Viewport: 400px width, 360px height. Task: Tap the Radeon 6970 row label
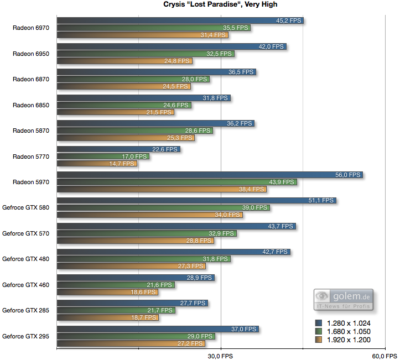click(31, 28)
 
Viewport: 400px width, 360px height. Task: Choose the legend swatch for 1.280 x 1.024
click(319, 323)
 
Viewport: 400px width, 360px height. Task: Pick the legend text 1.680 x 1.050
click(349, 331)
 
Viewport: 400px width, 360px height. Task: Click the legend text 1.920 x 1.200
click(349, 340)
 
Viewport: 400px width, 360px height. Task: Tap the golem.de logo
click(344, 299)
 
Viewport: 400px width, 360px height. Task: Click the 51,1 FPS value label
click(321, 201)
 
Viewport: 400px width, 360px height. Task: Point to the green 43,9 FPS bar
click(176, 182)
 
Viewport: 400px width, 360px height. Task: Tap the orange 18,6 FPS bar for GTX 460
click(107, 292)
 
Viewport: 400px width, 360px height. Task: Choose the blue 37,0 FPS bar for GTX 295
click(158, 329)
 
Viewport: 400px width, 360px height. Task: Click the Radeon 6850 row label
click(31, 105)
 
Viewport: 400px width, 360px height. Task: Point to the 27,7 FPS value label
click(193, 304)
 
